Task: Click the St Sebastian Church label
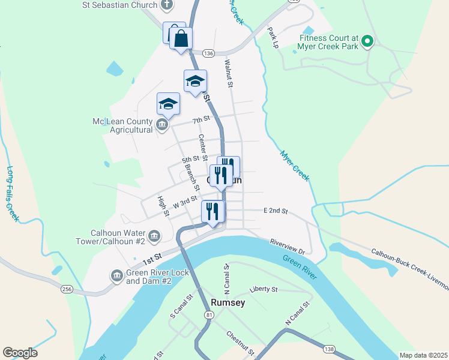pos(119,5)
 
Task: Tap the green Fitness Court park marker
pos(366,42)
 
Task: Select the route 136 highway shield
pos(208,53)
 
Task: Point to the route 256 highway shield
pos(66,289)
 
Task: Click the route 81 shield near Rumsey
pos(208,315)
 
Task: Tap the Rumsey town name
pos(228,303)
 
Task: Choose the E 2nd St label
pos(276,211)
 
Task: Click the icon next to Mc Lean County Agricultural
pos(161,125)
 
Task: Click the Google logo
pos(20,353)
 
